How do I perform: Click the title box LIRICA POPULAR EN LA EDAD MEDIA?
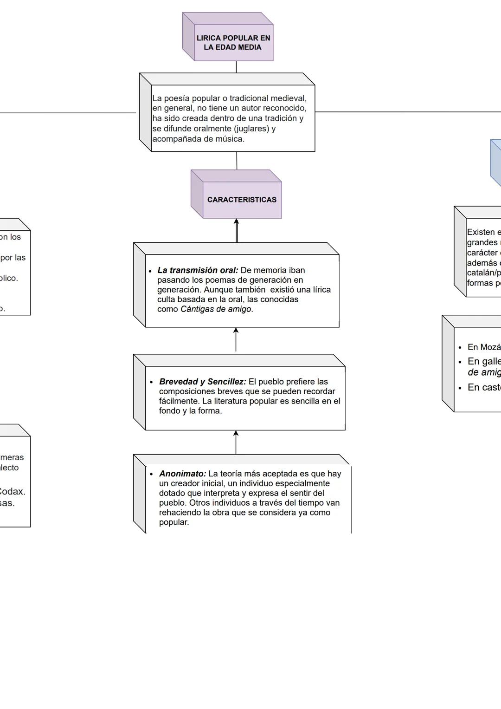pos(233,43)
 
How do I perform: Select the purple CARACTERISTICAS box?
pos(242,200)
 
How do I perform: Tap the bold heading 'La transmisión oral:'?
pos(198,270)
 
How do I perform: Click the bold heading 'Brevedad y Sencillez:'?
pos(202,382)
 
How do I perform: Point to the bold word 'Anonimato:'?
pos(182,474)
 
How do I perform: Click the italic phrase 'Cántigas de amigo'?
pos(216,309)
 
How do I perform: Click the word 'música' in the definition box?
pos(229,139)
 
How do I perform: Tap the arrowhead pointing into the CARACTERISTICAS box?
pos(236,222)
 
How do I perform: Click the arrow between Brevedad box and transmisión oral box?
pos(236,340)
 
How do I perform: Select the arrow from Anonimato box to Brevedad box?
pos(236,442)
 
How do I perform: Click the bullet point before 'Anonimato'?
pos(151,474)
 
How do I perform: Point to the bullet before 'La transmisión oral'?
pos(150,271)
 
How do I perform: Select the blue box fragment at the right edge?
pos(496,163)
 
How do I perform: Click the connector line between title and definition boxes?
pos(236,67)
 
